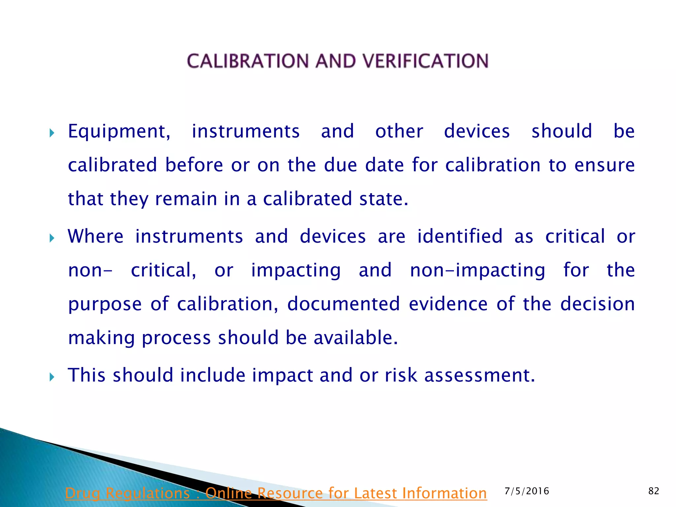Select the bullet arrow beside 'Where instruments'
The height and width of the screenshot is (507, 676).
coord(52,238)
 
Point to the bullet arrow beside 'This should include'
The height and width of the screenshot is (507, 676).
coord(52,377)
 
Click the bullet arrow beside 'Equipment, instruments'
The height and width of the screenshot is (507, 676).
coord(52,133)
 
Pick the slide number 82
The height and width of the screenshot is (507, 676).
coord(654,491)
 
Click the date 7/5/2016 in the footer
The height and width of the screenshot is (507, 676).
coord(527,491)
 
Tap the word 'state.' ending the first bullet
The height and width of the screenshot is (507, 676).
coord(384,199)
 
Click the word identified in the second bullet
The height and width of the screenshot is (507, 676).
coord(460,237)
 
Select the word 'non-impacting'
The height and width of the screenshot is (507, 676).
coord(478,271)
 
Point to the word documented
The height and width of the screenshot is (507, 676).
coord(343,304)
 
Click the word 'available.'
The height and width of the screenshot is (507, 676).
coord(355,338)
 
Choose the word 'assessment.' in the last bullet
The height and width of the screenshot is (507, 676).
coord(479,376)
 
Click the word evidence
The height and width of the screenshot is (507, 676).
coord(448,304)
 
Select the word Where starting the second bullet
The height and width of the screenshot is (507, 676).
coord(96,237)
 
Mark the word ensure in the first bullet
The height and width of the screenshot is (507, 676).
coord(604,165)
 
